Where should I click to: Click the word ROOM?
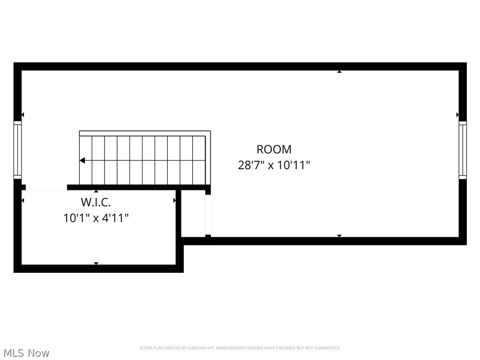pos(274,150)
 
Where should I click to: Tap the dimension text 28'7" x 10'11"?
pos(274,165)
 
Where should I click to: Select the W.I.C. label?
pos(96,202)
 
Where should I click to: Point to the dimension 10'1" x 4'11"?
pos(96,218)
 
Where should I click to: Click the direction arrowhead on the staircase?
pos(82,160)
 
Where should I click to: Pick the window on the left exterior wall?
pos(17,150)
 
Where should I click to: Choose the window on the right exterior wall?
pos(463,150)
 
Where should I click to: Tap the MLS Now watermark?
pos(26,353)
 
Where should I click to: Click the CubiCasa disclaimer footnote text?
pos(240,348)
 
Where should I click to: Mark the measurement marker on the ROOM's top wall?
pos(339,72)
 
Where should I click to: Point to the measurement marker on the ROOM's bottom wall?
pos(339,236)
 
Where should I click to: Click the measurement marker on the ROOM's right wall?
pos(457,114)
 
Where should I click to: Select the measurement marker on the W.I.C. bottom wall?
pos(96,263)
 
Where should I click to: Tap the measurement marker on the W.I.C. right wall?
pos(175,201)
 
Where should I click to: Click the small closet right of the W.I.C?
pos(193,214)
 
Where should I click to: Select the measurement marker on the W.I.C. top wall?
pos(96,191)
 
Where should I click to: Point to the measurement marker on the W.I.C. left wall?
pos(22,201)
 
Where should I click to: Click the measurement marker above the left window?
pos(22,115)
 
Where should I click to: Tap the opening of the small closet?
pos(208,214)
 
